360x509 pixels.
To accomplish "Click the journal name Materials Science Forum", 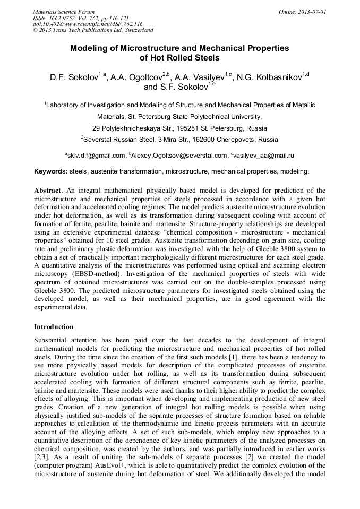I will click(x=64, y=11).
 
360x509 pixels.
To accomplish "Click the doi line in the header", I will click(x=88, y=24).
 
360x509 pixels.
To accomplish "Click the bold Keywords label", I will click(x=50, y=171).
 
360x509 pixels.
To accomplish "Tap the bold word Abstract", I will click(x=47, y=190).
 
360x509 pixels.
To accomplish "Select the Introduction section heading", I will click(x=54, y=326).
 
